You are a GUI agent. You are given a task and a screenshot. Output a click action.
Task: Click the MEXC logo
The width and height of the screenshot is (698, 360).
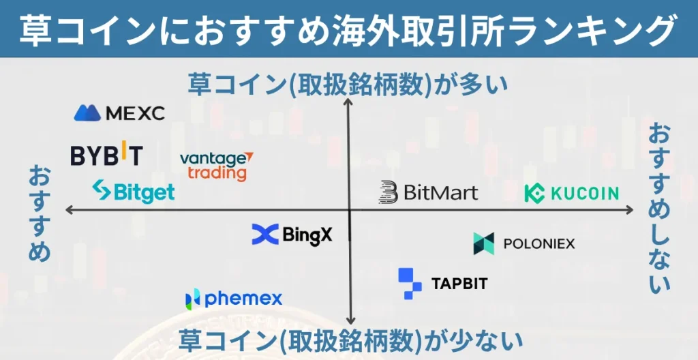pos(119,113)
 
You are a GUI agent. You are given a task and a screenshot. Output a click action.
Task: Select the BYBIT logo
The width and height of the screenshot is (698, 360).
pos(106,155)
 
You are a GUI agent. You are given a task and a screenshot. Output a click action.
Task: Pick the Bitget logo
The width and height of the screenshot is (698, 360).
pos(133,192)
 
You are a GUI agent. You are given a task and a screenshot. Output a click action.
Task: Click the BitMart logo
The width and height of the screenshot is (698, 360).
pos(428,192)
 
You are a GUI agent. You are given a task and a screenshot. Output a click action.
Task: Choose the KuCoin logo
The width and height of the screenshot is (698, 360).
pos(571,193)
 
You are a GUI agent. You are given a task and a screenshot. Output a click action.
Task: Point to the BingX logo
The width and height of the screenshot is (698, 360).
pos(292,235)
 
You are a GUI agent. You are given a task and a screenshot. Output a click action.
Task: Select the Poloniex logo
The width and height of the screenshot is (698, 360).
pos(523,243)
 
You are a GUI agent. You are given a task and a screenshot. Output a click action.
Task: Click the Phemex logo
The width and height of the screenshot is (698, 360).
pos(233,298)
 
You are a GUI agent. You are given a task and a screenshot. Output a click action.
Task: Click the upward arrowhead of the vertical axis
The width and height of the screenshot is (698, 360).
pos(349,102)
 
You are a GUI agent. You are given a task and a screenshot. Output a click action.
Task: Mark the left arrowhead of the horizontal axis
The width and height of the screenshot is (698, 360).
pos(69,211)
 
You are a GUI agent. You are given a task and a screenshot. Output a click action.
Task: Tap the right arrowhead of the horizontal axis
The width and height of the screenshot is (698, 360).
pos(631,211)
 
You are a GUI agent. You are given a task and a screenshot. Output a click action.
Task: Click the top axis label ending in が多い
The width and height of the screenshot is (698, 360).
pos(348,85)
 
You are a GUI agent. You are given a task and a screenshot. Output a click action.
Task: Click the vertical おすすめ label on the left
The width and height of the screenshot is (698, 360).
pos(39,213)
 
